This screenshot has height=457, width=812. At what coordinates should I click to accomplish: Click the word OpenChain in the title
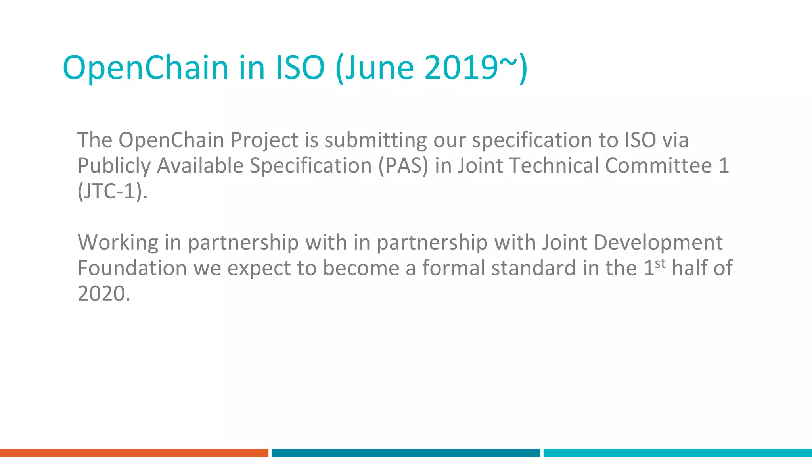pos(145,67)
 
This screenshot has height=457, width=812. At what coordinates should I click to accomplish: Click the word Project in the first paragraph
pos(264,140)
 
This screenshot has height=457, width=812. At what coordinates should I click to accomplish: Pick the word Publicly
pos(114,166)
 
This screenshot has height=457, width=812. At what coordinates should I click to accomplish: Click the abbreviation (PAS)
pos(403,166)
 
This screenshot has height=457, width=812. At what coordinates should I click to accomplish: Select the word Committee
pos(658,165)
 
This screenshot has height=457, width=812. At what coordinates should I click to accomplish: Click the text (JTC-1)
pos(112,191)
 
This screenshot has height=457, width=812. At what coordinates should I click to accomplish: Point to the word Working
pos(118,243)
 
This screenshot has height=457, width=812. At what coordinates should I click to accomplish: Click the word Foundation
pos(132,268)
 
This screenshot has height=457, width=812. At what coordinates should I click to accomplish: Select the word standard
pos(534,268)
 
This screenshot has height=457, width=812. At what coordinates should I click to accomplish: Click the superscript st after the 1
pos(660,263)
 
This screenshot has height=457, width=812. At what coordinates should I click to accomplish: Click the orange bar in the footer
pos(134,453)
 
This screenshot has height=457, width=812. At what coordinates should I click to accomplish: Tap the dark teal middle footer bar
pos(406,453)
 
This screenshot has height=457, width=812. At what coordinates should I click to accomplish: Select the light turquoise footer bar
pos(678,453)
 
